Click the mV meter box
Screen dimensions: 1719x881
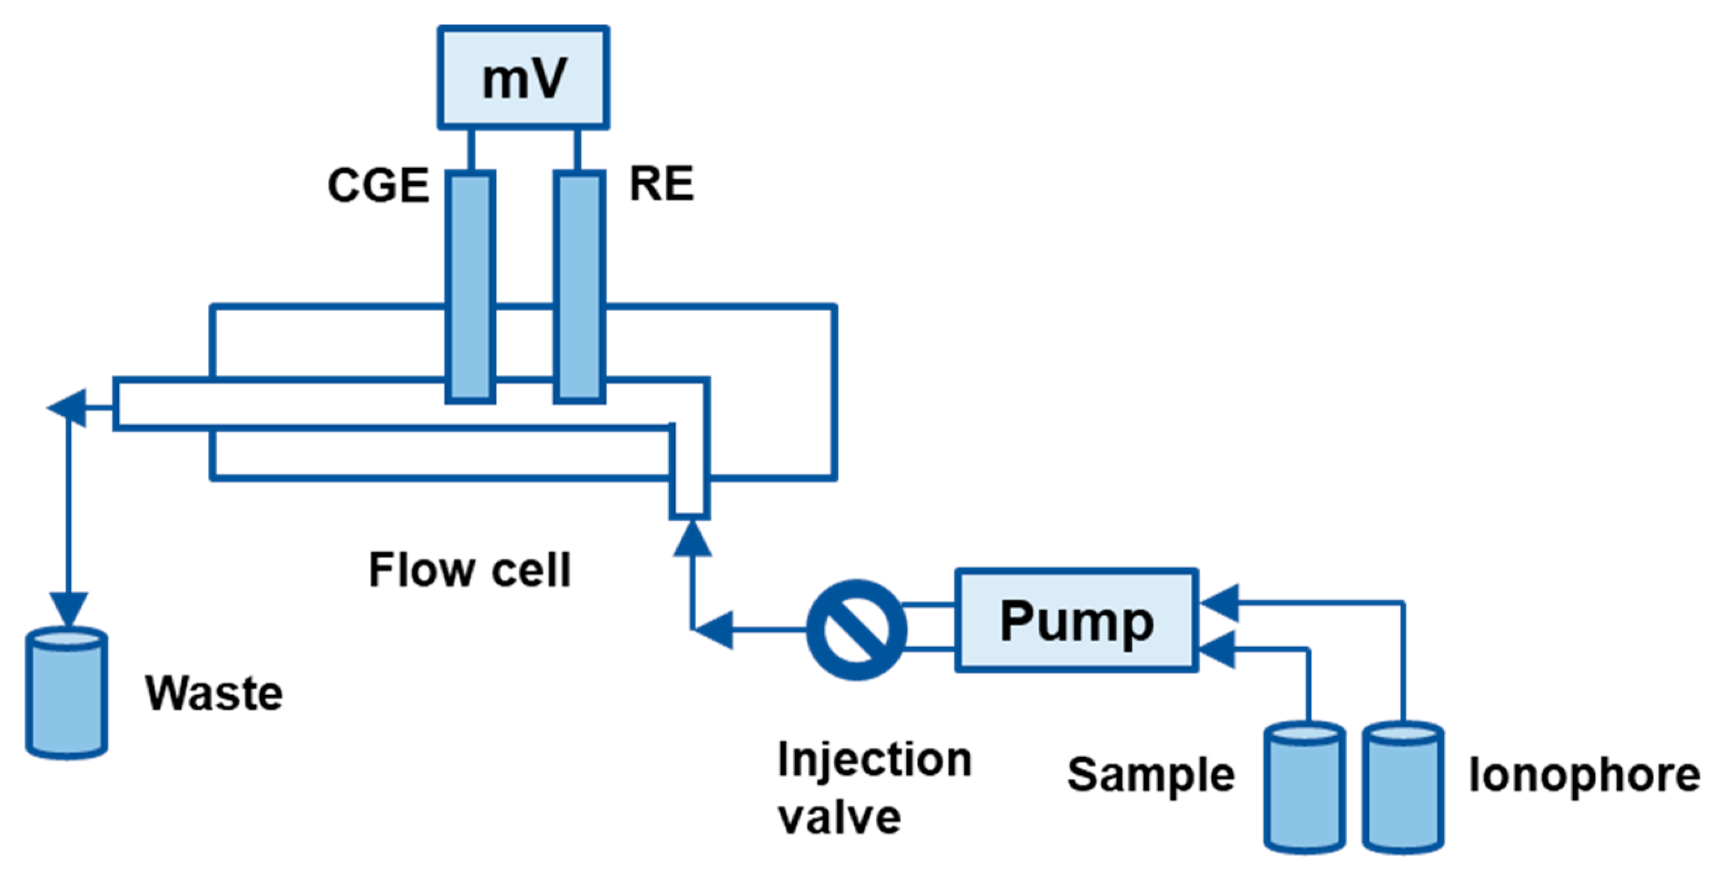click(523, 77)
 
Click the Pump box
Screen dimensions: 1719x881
click(1076, 620)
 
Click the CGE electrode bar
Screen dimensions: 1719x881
click(471, 287)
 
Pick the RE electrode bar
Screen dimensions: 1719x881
click(579, 287)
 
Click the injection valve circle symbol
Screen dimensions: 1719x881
click(856, 629)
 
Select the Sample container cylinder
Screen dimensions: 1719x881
click(1305, 788)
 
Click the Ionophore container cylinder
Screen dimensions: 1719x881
click(1403, 788)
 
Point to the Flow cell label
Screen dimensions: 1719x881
click(470, 570)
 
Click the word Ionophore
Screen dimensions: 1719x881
click(1584, 775)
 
